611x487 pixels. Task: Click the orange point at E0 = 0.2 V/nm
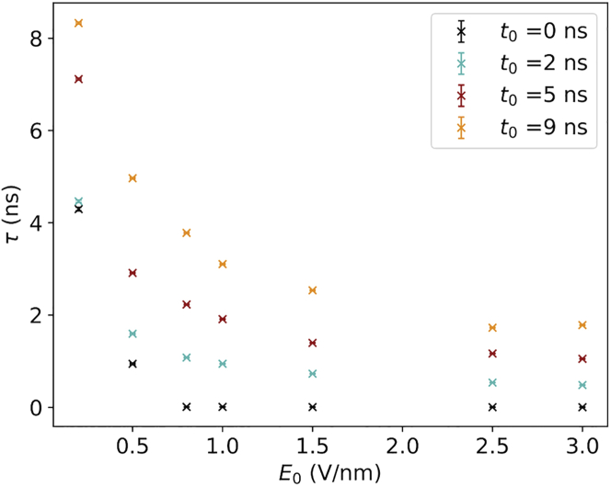(x=78, y=23)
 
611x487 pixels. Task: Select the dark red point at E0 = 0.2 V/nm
(x=78, y=79)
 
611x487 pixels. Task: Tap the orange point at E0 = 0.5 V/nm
(x=133, y=178)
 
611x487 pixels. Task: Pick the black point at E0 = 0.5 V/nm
(x=133, y=364)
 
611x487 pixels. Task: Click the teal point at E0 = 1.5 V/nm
(x=313, y=374)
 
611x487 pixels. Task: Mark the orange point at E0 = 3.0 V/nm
(x=582, y=325)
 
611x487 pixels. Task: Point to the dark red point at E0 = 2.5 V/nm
(x=492, y=354)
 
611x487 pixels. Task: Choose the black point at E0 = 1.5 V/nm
(x=313, y=407)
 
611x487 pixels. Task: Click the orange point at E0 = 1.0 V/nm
(x=223, y=265)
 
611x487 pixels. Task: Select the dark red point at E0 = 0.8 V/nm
(x=187, y=304)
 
